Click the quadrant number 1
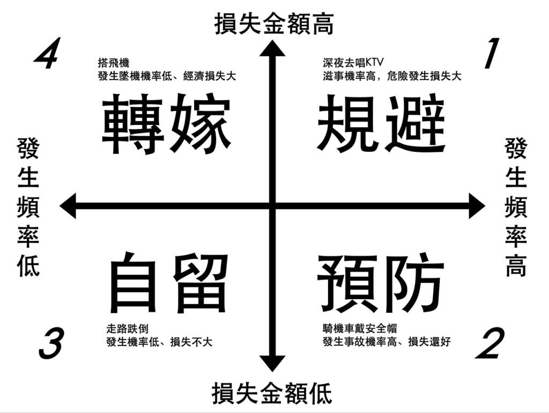(x=491, y=54)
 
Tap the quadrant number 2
(x=490, y=344)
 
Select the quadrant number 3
(x=51, y=344)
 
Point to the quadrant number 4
(x=47, y=54)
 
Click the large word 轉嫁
(x=166, y=124)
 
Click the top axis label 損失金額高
(x=274, y=24)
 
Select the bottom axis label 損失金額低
(x=272, y=393)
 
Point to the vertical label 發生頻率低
(x=28, y=207)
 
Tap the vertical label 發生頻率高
(x=516, y=207)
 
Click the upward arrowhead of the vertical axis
(x=272, y=48)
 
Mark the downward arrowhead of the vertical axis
(x=272, y=364)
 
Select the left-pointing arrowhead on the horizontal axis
(x=68, y=205)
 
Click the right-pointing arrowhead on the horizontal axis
(x=477, y=205)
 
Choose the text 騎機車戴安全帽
(x=360, y=329)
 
